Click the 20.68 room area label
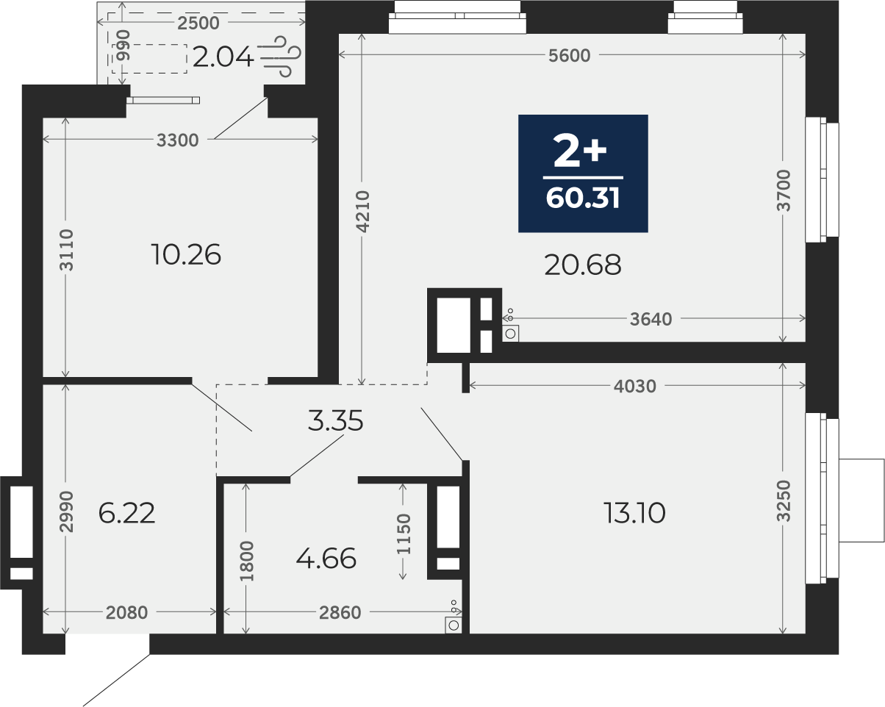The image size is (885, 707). pos(582,265)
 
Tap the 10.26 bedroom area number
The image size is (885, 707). pos(186,254)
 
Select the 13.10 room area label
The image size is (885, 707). pos(634,513)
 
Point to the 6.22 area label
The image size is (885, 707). pos(126,513)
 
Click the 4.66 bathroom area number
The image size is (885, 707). pos(326,559)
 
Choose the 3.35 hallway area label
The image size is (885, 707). pos(336,420)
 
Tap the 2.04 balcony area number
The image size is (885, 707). pos(223,57)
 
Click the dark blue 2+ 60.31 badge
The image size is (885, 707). pos(583,173)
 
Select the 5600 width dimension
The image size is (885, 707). pos(569,56)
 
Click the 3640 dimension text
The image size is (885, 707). pos(651,319)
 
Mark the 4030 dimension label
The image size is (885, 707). pos(634,387)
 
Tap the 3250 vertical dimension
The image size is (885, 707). pos(784,500)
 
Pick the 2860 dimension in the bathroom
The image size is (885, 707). pos(340,613)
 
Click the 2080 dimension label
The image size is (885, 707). pos(126,613)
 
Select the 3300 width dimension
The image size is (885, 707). pos(178,140)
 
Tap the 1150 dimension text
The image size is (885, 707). pos(404,534)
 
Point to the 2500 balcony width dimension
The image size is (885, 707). pos(198,24)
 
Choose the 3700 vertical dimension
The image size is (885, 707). pos(784,190)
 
